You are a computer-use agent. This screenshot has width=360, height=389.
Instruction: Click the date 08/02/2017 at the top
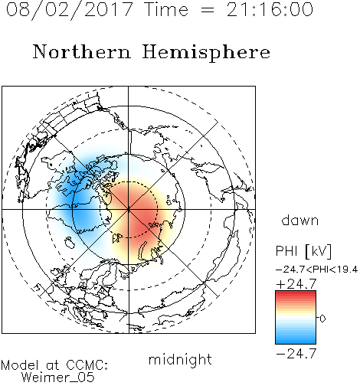click(x=70, y=10)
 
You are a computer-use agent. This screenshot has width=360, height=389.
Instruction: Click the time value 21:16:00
click(x=270, y=10)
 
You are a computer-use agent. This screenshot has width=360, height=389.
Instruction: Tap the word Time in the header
click(x=166, y=10)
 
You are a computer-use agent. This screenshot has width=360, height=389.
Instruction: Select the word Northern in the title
click(x=82, y=51)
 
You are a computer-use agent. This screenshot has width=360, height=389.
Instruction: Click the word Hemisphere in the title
click(x=206, y=53)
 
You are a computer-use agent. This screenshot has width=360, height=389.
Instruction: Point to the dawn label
click(x=300, y=220)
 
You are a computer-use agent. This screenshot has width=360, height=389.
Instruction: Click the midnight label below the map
click(x=180, y=360)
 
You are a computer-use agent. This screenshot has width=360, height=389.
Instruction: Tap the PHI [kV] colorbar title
click(x=303, y=251)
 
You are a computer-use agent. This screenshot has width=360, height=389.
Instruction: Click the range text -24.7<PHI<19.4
click(x=317, y=270)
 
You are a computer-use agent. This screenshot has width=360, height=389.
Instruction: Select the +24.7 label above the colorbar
click(x=296, y=284)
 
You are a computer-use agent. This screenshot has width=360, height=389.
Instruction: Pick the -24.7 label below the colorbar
click(x=296, y=354)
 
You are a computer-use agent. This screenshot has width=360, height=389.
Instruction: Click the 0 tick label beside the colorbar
click(x=322, y=319)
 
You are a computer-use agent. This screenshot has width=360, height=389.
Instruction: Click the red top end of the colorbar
click(x=296, y=293)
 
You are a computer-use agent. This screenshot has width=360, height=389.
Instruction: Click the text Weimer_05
click(x=58, y=378)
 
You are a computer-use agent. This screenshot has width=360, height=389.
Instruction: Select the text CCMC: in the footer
click(x=87, y=365)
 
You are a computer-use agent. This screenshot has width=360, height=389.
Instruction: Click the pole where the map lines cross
click(x=129, y=210)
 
